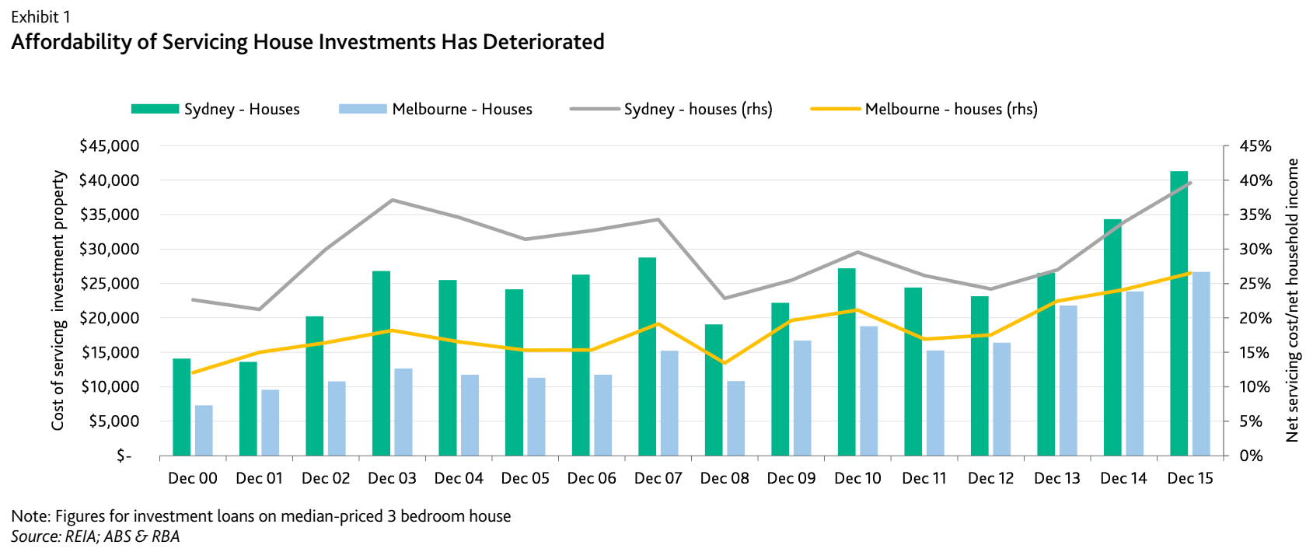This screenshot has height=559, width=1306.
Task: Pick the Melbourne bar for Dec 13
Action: [1068, 380]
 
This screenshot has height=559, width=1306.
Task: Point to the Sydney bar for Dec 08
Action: [714, 390]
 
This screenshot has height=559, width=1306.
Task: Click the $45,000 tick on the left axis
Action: [109, 146]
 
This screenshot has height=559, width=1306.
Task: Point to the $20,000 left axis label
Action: [109, 318]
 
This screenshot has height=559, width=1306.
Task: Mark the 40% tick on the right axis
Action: [1255, 180]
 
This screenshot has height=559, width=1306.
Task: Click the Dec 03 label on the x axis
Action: [392, 478]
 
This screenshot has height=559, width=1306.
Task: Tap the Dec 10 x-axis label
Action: [857, 478]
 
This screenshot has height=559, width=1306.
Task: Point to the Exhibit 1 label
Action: [40, 17]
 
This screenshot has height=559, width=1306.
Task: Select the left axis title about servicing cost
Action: [58, 300]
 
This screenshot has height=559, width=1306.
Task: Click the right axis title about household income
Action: [1292, 300]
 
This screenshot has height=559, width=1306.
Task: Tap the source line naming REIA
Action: [95, 536]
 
